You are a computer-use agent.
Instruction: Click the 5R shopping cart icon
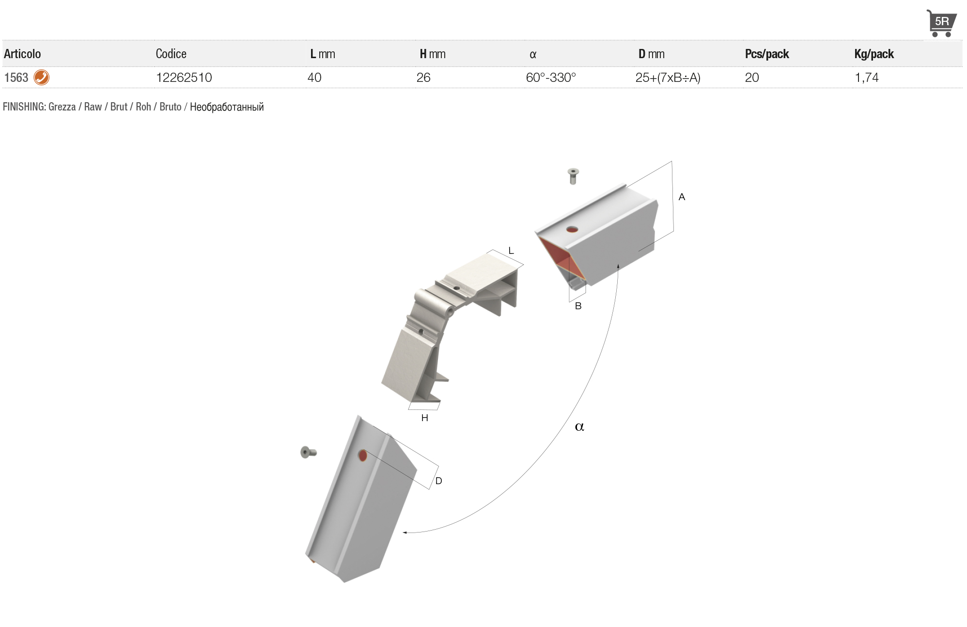[x=941, y=23]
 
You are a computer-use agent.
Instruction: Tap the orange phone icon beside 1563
[x=42, y=78]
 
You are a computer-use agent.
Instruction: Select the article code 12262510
[x=184, y=78]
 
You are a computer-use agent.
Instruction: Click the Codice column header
[x=171, y=54]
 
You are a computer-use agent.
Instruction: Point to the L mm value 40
[x=314, y=78]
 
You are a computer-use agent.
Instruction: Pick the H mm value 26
[x=423, y=78]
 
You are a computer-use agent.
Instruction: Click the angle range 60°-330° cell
[x=551, y=78]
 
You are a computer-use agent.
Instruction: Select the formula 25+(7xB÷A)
[x=668, y=78]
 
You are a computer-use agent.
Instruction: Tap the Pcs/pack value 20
[x=752, y=78]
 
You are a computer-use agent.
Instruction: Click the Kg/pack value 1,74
[x=867, y=78]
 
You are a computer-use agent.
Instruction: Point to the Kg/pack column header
[x=874, y=54]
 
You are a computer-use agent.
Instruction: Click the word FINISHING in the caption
[x=24, y=107]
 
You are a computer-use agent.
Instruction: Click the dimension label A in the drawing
[x=682, y=197]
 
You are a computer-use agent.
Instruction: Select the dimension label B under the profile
[x=578, y=306]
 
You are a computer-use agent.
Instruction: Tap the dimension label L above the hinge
[x=511, y=251]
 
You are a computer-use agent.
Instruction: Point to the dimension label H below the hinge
[x=425, y=418]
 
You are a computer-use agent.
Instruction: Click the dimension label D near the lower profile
[x=438, y=481]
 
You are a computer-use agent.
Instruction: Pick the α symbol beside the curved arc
[x=579, y=427]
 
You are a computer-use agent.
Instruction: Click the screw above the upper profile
[x=573, y=176]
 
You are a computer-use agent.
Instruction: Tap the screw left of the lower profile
[x=309, y=452]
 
